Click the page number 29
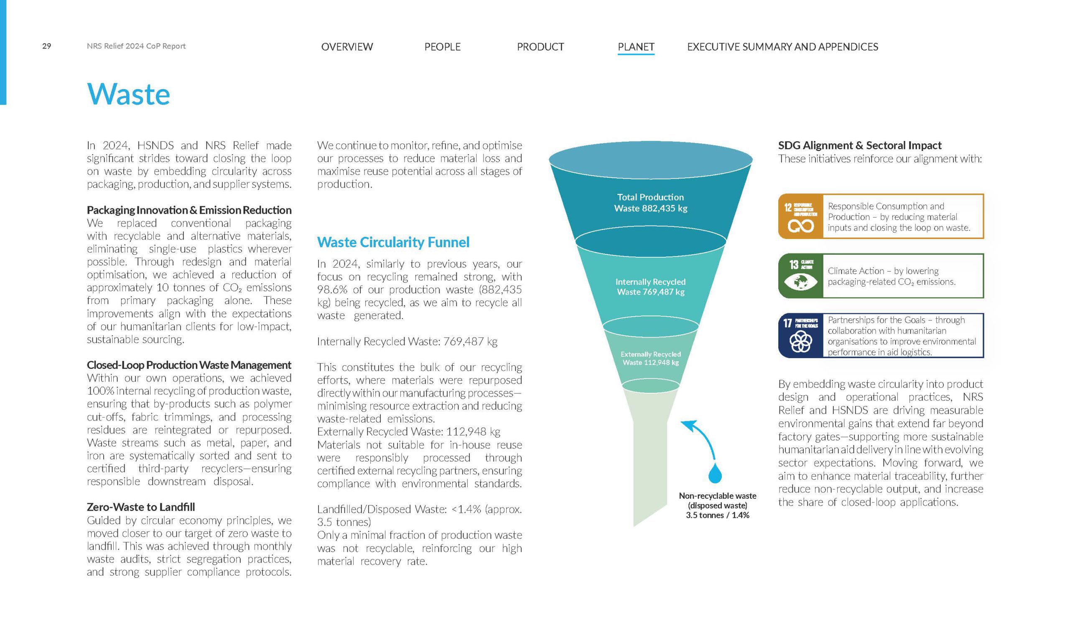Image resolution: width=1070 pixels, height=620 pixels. coord(47,46)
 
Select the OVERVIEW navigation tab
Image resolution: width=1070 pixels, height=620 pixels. coord(347,47)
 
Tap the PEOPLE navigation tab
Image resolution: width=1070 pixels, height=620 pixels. coord(443,47)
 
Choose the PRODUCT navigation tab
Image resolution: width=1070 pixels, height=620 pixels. coord(540,47)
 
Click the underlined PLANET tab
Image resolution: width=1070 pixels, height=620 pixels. coord(636,47)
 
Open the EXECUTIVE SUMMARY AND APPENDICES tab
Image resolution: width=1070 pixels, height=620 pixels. coord(782,47)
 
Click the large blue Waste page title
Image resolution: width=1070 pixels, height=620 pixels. coord(128,94)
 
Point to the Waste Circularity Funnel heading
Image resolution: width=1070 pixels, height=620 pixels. coord(393,242)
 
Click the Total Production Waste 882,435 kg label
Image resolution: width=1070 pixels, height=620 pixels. coord(650,203)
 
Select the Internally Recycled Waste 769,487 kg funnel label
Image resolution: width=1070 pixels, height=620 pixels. coord(650,287)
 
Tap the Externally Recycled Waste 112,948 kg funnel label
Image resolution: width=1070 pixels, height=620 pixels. coord(650,358)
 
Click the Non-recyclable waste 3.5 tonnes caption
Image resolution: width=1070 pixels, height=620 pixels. coord(718,505)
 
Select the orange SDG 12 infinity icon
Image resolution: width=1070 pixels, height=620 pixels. coord(800,217)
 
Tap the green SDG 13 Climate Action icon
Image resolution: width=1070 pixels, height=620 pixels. coord(800,276)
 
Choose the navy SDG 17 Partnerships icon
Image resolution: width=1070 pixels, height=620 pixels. coord(800,336)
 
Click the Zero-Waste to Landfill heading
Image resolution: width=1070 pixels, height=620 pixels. coord(141,507)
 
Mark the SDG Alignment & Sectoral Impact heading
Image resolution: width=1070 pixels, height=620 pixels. coord(860,145)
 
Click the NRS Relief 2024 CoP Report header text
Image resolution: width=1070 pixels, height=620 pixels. coord(136,46)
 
